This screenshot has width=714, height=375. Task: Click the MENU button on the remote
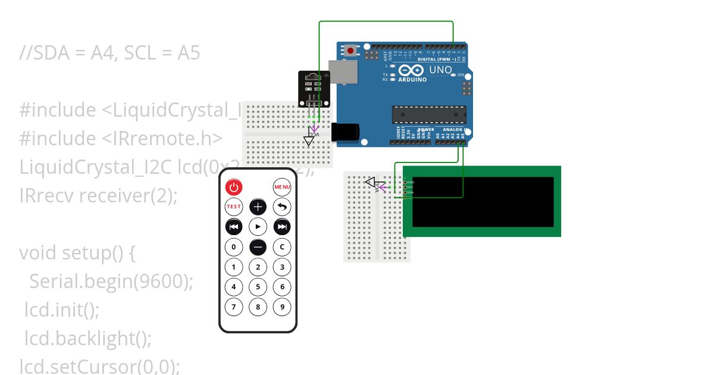click(x=282, y=187)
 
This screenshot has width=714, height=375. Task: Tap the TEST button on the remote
click(x=234, y=207)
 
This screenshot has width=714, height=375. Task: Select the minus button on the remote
click(x=258, y=246)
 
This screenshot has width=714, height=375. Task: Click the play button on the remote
click(x=258, y=227)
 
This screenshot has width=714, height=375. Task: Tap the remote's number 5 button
click(x=258, y=287)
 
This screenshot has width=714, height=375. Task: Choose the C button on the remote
click(x=282, y=246)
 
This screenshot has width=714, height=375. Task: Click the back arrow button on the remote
click(x=282, y=207)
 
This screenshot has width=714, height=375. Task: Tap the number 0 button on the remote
click(x=234, y=246)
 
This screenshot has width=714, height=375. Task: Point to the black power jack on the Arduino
click(x=345, y=132)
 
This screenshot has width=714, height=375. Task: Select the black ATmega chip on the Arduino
click(x=428, y=115)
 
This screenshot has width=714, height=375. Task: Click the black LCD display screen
click(x=483, y=202)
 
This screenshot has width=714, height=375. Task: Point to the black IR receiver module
click(x=314, y=88)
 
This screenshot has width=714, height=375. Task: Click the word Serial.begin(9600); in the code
click(x=111, y=281)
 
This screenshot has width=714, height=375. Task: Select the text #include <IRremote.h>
click(x=121, y=138)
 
